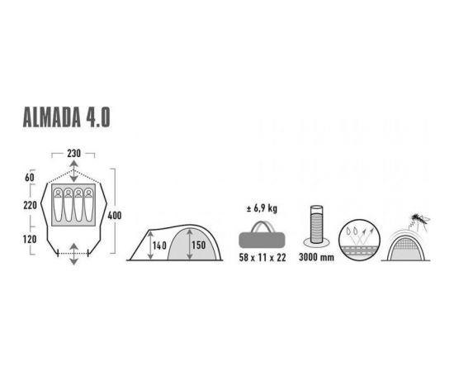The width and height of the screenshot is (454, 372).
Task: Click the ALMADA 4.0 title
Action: click(x=66, y=117)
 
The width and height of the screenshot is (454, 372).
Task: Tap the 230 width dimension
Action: click(x=73, y=154)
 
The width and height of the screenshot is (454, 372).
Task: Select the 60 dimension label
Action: click(x=30, y=178)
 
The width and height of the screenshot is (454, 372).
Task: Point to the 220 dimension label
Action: click(x=30, y=205)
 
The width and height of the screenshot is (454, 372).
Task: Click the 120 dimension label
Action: click(x=30, y=239)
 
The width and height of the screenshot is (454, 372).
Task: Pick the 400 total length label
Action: click(x=115, y=216)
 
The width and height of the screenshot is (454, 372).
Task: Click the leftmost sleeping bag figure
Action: click(x=58, y=205)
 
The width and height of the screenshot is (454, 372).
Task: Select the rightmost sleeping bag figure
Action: click(x=88, y=205)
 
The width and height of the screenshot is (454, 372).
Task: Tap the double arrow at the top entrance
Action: click(x=74, y=172)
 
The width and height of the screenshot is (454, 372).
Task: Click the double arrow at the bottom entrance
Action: click(x=74, y=254)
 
